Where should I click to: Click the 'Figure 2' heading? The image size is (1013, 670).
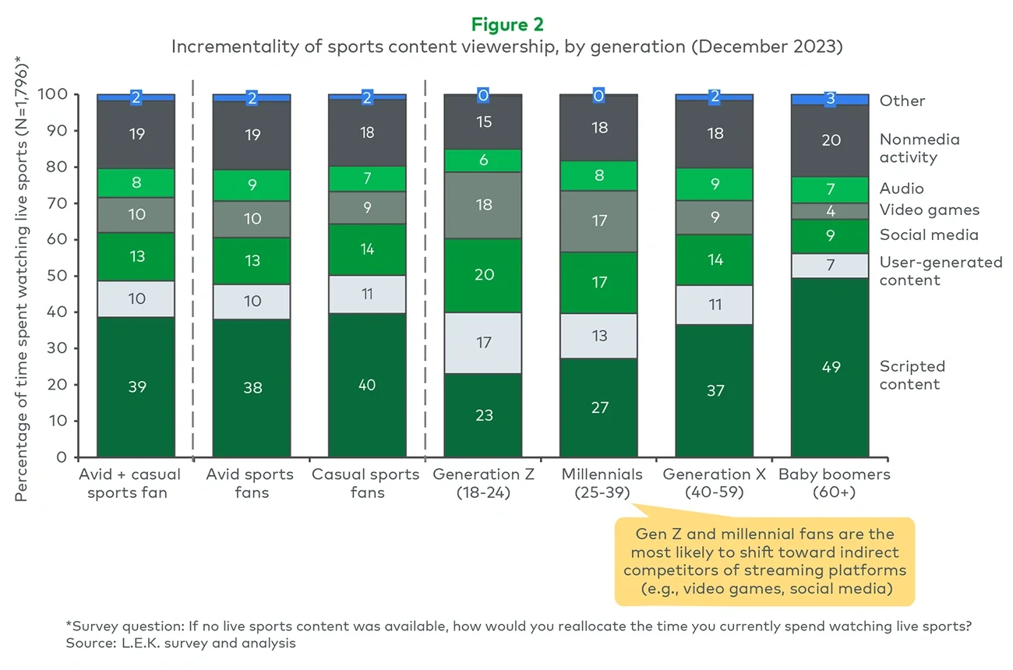point(507,25)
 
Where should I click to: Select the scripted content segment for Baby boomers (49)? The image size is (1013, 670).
point(831,367)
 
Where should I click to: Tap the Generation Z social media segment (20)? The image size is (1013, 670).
point(484,275)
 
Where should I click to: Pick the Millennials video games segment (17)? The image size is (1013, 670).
point(599,221)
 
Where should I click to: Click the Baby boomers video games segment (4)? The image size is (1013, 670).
point(831,211)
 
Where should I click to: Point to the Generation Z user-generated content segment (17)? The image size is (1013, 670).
point(484,342)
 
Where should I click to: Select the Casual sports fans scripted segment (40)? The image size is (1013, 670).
point(368,385)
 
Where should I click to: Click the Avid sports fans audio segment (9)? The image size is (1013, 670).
point(252,185)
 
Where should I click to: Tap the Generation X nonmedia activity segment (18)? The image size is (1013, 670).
point(715,134)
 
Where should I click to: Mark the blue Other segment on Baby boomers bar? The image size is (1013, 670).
point(831,100)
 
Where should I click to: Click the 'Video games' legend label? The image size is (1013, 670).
point(929,210)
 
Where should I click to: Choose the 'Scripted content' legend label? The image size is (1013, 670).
point(912,375)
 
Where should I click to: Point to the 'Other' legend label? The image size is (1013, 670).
point(902,100)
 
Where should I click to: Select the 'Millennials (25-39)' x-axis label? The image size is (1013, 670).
point(599,483)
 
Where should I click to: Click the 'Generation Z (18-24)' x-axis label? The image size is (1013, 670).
point(484,483)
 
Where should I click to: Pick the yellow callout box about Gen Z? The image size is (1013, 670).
point(764,562)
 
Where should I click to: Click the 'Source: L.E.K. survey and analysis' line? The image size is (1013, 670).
point(181,644)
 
